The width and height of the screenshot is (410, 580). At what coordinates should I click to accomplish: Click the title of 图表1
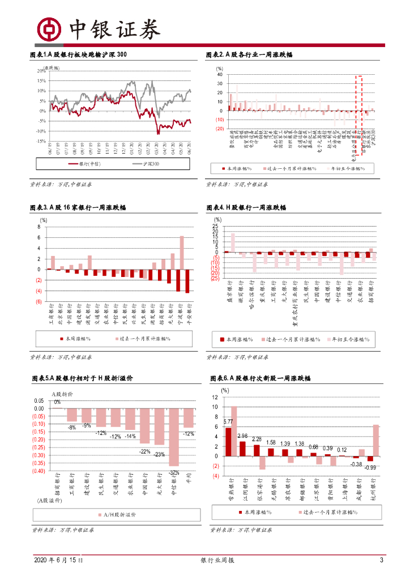[78, 55]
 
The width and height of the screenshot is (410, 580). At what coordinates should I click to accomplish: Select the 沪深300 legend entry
[148, 164]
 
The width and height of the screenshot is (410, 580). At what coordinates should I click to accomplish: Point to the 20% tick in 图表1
[41, 71]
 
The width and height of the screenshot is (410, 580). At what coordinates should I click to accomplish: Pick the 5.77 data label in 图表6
[228, 422]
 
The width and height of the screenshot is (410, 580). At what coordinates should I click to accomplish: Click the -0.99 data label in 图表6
[371, 467]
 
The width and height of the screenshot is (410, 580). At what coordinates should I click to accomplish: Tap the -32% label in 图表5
[173, 472]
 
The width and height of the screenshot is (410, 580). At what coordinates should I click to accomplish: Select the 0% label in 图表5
[57, 402]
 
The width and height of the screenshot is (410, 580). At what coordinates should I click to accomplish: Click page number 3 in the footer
[381, 560]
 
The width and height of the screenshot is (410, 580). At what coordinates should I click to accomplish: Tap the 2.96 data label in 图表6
[242, 436]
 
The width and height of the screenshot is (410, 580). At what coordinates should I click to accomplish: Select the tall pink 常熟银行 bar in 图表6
[234, 431]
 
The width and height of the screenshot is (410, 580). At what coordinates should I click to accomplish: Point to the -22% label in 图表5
[145, 451]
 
